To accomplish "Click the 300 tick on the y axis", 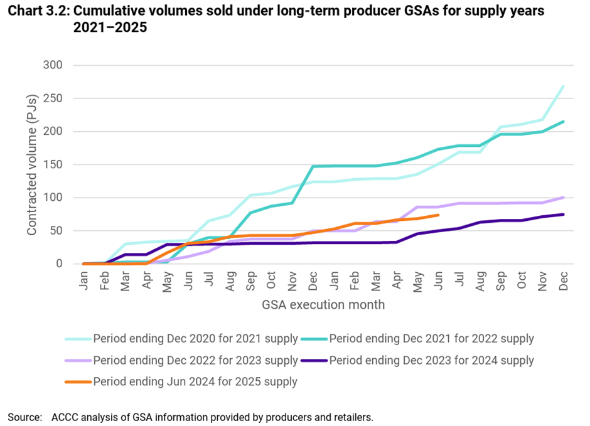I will point(53,65).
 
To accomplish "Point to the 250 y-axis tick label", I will point(53,99).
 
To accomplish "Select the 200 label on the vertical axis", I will point(53,132).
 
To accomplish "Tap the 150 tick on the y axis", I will point(53,164).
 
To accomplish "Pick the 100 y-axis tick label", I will point(53,198).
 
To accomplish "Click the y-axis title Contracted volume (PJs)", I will point(31,164).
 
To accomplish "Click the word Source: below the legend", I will point(24,417).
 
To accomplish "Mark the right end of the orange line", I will point(438,215).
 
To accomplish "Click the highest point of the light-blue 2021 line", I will point(563,87).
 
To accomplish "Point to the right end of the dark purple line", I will point(563,215).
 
